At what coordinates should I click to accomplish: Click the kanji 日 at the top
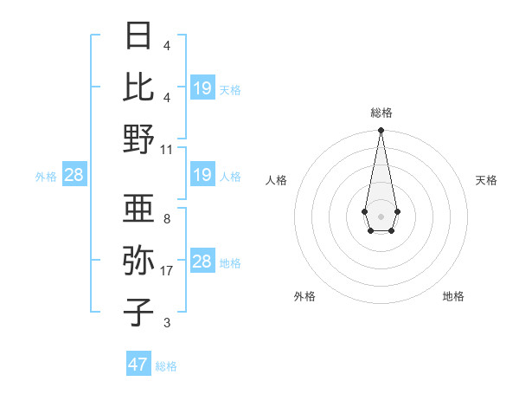[138, 36]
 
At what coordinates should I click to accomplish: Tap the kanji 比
[138, 86]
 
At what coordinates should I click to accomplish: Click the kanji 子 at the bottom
[138, 311]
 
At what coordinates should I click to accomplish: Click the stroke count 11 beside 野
[167, 149]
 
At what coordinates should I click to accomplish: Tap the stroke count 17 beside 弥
[167, 271]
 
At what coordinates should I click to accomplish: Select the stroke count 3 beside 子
[167, 323]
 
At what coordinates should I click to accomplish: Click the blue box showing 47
[138, 365]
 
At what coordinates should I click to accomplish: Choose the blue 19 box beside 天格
[202, 87]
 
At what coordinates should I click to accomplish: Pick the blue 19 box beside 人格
[202, 176]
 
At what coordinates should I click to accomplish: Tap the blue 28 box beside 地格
[202, 262]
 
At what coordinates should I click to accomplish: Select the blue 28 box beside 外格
[74, 176]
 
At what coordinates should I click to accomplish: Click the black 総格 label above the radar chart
[381, 113]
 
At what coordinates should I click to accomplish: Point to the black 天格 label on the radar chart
[487, 180]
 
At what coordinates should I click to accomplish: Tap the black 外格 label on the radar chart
[304, 296]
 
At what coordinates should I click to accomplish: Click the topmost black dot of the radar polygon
[381, 131]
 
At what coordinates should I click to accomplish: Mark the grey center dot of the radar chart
[381, 215]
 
